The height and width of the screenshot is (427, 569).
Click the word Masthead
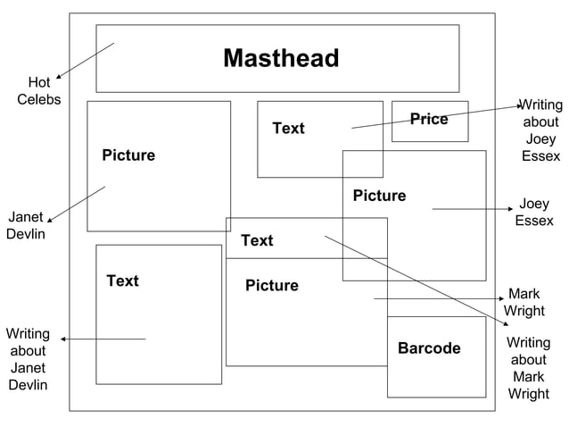pos(281,59)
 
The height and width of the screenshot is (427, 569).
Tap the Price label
pos(429,120)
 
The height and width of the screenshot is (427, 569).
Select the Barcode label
pos(429,348)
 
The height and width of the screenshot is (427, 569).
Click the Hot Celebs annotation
pos(38,91)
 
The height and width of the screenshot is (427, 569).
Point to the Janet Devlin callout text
pos(26,226)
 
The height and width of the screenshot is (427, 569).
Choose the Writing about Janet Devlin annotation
pos(28,359)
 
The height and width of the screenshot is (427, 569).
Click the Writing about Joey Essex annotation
pos(540,130)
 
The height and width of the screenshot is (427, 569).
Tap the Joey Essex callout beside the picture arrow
pos(534,213)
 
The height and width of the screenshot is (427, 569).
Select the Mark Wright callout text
pos(524,302)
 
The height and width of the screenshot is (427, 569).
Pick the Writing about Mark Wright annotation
pos(528,368)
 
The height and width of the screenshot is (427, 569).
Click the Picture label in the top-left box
pos(128,155)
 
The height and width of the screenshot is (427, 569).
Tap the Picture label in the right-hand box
pos(379,196)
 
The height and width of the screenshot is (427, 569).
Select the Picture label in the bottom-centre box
pos(272,286)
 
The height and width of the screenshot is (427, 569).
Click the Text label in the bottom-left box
pos(122,280)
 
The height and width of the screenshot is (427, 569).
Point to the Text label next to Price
pos(288,129)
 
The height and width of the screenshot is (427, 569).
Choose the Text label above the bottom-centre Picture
pos(257,240)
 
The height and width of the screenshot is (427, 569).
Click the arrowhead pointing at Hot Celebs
pos(58,78)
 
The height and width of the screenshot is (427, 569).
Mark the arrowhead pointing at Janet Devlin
pos(50,220)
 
